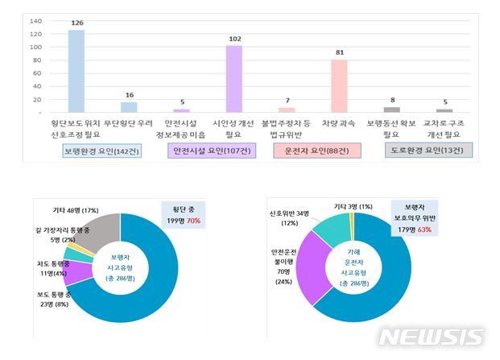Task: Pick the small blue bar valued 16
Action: pyautogui.click(x=129, y=107)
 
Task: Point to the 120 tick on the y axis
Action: pyautogui.click(x=36, y=34)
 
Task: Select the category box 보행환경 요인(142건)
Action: pyautogui.click(x=101, y=151)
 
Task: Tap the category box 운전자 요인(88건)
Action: pyautogui.click(x=316, y=151)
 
